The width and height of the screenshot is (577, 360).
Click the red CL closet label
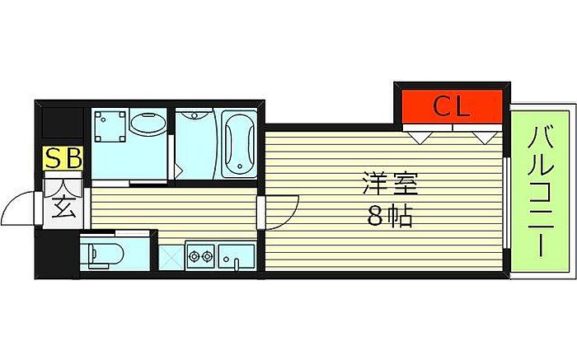pyautogui.click(x=452, y=105)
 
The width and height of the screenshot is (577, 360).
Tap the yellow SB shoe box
pyautogui.click(x=63, y=158)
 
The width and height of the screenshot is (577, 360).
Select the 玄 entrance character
pyautogui.click(x=64, y=207)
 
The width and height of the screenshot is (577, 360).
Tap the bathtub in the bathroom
pyautogui.click(x=236, y=144)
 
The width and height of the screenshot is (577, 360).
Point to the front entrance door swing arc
pyautogui.click(x=18, y=210)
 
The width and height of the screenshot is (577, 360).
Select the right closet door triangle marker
pyautogui.click(x=482, y=135)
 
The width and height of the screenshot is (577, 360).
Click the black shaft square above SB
pyautogui.click(x=63, y=124)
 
